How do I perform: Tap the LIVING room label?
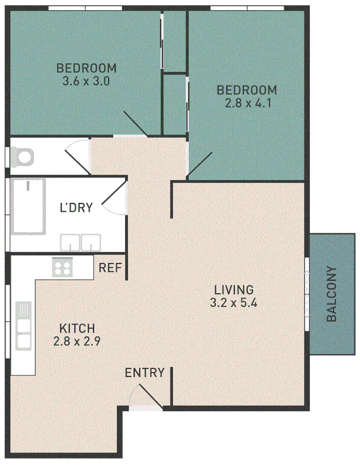234,289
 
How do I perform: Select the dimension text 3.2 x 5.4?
234,303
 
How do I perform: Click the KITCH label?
77,329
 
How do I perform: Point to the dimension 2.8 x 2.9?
77,342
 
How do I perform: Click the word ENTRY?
144,373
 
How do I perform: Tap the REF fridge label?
110,268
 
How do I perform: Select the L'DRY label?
76,208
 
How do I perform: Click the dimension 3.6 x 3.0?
86,81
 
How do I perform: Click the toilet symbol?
22,156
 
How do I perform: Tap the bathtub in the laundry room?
29,206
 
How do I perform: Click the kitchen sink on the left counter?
24,325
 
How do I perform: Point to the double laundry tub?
81,243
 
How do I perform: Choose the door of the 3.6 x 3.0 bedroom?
135,124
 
